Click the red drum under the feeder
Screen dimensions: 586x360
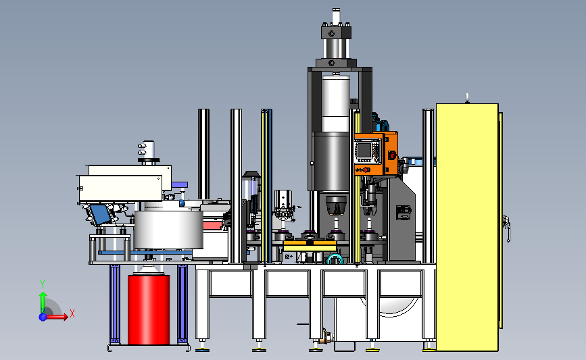pyautogui.click(x=149, y=309)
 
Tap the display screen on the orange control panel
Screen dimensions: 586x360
pyautogui.click(x=364, y=150)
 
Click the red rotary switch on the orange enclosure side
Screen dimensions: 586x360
pyautogui.click(x=392, y=155)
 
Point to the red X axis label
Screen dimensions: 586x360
pyautogui.click(x=72, y=313)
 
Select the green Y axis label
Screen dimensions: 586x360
pyautogui.click(x=43, y=284)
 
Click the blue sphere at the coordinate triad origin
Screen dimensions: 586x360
pyautogui.click(x=43, y=317)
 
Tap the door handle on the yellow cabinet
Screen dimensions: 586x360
pyautogui.click(x=507, y=228)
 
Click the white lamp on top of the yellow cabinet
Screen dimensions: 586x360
pyautogui.click(x=467, y=98)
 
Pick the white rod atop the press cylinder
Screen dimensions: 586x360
pyautogui.click(x=336, y=16)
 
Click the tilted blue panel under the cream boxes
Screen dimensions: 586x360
pyautogui.click(x=99, y=214)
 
